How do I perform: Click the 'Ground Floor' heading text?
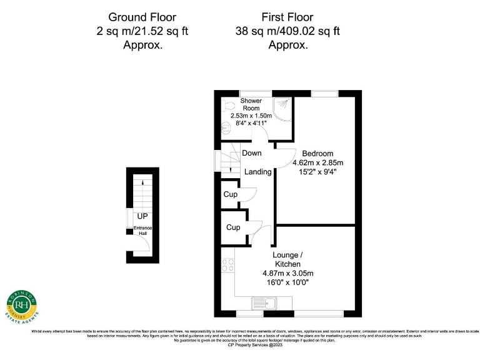[x=142, y=17]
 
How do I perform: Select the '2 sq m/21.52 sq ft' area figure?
[x=142, y=31]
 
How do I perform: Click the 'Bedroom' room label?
[x=317, y=154]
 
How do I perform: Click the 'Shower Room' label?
[x=251, y=104]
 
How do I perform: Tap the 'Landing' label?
[x=257, y=172]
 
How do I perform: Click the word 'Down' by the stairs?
[x=252, y=153]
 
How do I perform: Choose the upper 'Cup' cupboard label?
[x=230, y=195]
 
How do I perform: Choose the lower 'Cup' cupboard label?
[x=233, y=227]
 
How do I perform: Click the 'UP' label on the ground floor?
[x=142, y=216]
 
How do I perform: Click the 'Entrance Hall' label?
[x=142, y=231]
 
